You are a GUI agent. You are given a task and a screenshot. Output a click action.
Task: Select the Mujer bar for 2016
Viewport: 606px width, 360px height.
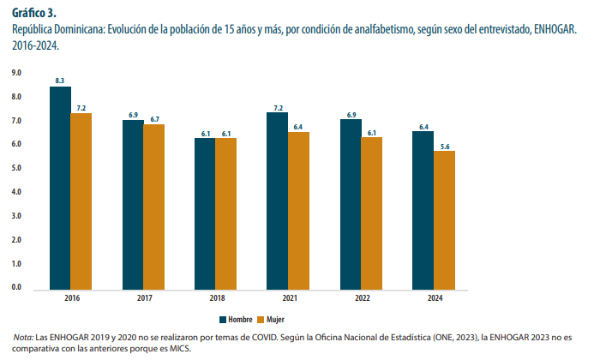(81, 201)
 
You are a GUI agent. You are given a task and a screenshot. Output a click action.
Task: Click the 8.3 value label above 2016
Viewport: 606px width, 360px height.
(60, 81)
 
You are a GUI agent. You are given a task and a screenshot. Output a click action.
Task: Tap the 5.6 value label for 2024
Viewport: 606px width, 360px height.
(444, 147)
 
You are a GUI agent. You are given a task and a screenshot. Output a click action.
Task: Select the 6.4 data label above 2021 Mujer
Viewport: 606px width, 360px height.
(298, 127)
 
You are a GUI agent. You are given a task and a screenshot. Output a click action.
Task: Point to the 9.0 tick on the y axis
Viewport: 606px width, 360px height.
(16, 74)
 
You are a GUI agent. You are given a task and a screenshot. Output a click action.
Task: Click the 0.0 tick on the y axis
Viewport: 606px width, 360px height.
(16, 287)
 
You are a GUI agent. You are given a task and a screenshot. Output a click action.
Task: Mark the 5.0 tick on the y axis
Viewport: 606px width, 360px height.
(16, 169)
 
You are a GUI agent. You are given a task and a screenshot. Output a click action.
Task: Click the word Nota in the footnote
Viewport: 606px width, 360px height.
(23, 339)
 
